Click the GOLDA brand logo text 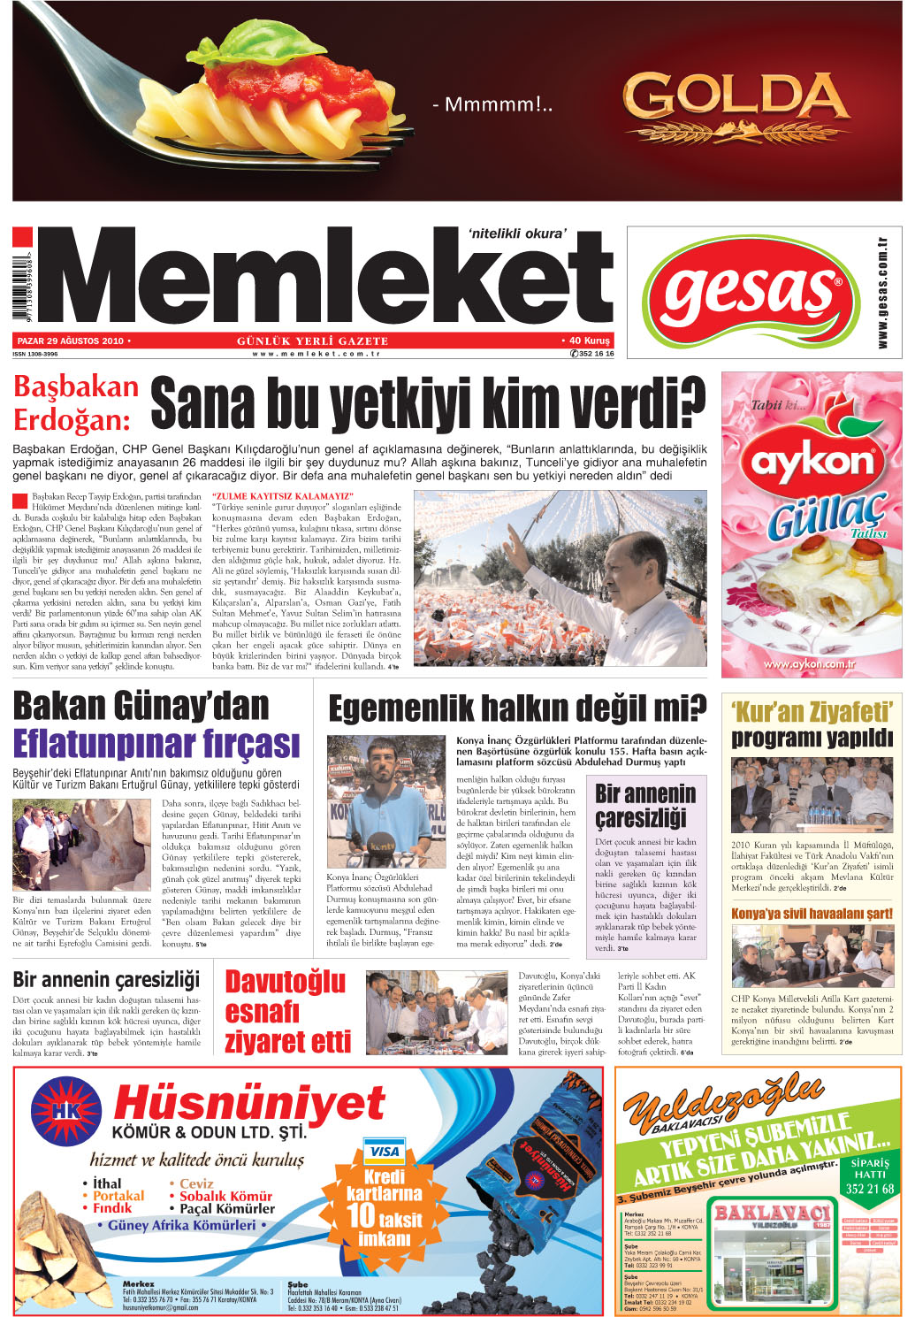click(x=736, y=97)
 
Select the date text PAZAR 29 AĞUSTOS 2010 click(x=71, y=341)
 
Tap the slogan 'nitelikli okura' click(x=517, y=234)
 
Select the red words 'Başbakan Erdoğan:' click(x=76, y=402)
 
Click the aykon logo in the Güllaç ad click(x=811, y=462)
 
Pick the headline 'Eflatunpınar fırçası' click(x=156, y=744)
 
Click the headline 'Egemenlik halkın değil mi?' click(x=517, y=708)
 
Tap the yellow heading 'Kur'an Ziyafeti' click(x=812, y=712)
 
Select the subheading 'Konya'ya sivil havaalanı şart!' click(x=812, y=913)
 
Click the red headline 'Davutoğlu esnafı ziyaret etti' click(x=287, y=1011)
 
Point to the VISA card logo click(x=385, y=1151)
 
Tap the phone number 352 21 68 click(x=869, y=1189)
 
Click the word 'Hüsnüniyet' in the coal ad click(x=249, y=1104)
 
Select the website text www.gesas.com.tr click(x=881, y=292)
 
